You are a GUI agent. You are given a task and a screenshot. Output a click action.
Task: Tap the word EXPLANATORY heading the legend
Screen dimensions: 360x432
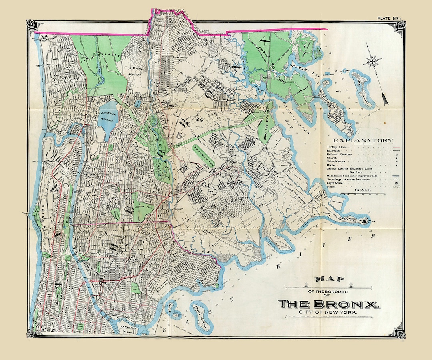[x=363, y=140]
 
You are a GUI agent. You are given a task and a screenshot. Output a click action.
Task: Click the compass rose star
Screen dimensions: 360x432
[x=372, y=62]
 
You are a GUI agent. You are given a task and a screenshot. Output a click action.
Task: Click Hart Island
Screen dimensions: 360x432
[x=362, y=88]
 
